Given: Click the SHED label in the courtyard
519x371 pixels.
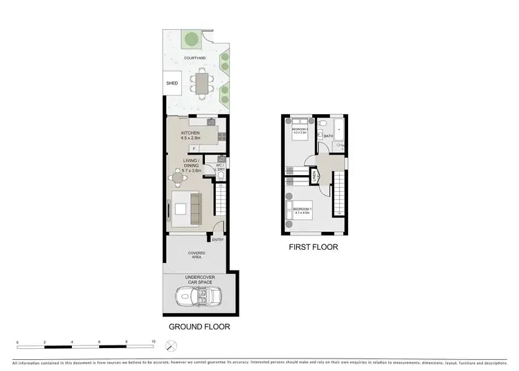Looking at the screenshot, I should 172,83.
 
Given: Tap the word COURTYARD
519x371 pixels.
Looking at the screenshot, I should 194,59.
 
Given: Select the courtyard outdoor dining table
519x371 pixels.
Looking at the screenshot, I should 201,83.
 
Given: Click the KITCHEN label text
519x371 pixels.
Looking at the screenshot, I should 190,133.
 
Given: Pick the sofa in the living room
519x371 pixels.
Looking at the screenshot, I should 195,210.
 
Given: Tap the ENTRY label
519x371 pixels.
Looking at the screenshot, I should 217,239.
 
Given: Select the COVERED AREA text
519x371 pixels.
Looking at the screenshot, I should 197,255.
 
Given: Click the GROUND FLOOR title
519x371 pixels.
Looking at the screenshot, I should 199,326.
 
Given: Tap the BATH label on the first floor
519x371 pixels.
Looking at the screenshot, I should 328,136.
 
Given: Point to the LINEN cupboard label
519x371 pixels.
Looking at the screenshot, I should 315,179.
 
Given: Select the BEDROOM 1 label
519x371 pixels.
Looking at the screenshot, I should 302,209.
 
